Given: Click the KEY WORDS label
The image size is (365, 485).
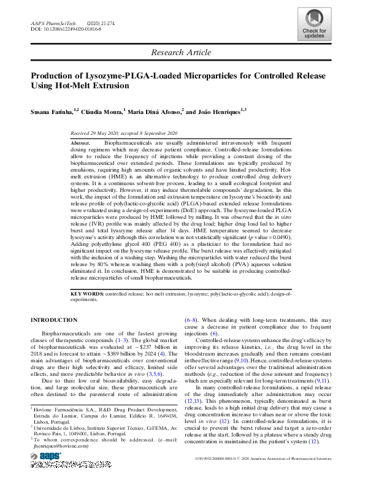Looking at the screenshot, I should point(87,294).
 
